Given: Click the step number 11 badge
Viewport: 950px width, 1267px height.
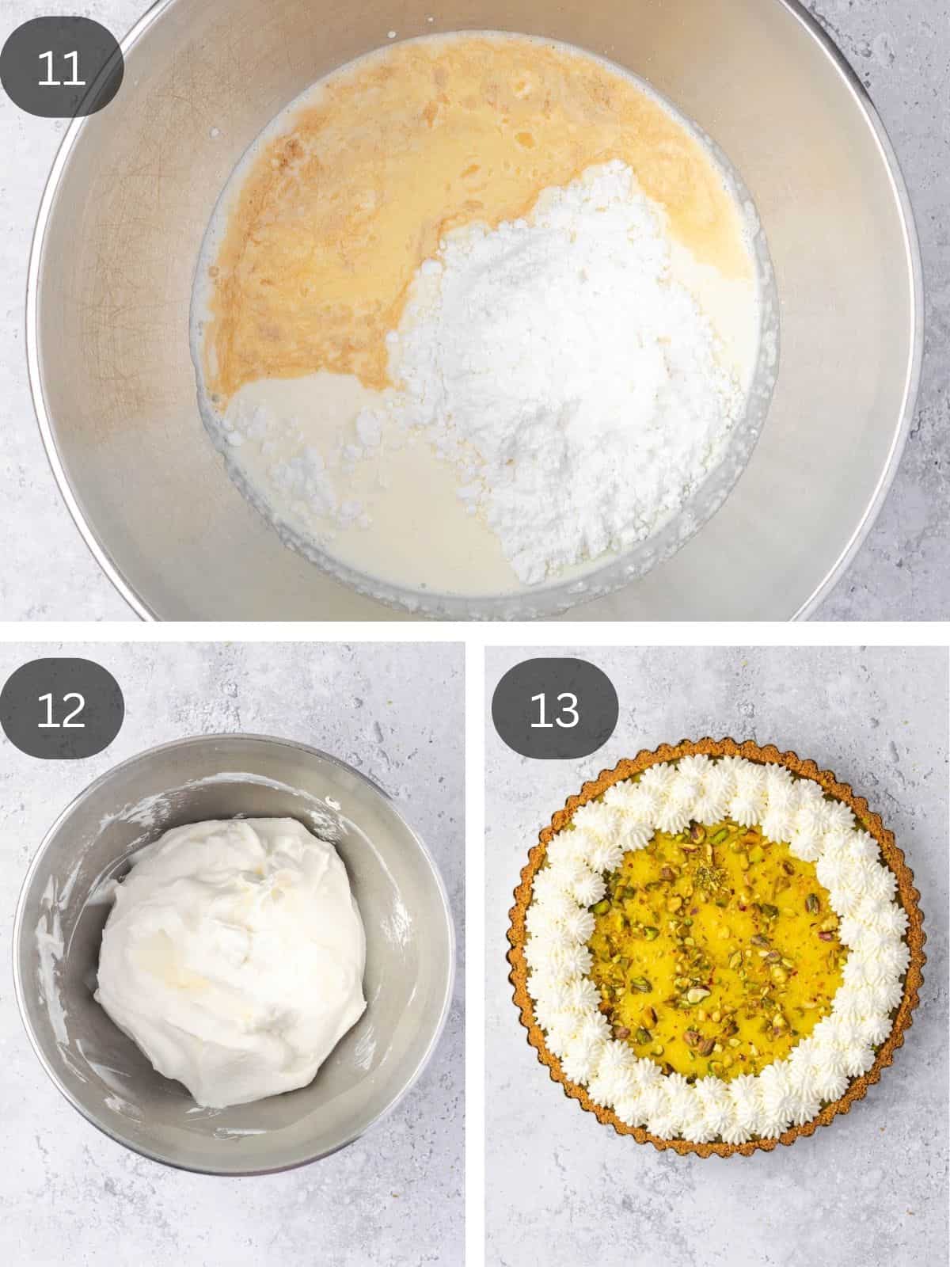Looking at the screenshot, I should tap(62, 70).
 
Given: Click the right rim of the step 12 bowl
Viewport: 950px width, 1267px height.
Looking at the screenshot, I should tap(453, 950).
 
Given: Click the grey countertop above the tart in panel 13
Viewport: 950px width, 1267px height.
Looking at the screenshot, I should tap(712, 697).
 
